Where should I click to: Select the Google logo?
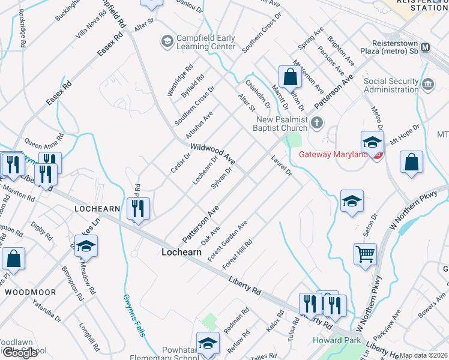click(20, 353)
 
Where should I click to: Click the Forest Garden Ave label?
click(228, 241)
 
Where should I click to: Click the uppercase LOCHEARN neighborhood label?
click(98, 208)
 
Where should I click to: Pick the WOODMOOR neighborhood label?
click(30, 292)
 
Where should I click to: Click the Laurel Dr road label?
click(280, 166)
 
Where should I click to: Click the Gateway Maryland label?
click(333, 155)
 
